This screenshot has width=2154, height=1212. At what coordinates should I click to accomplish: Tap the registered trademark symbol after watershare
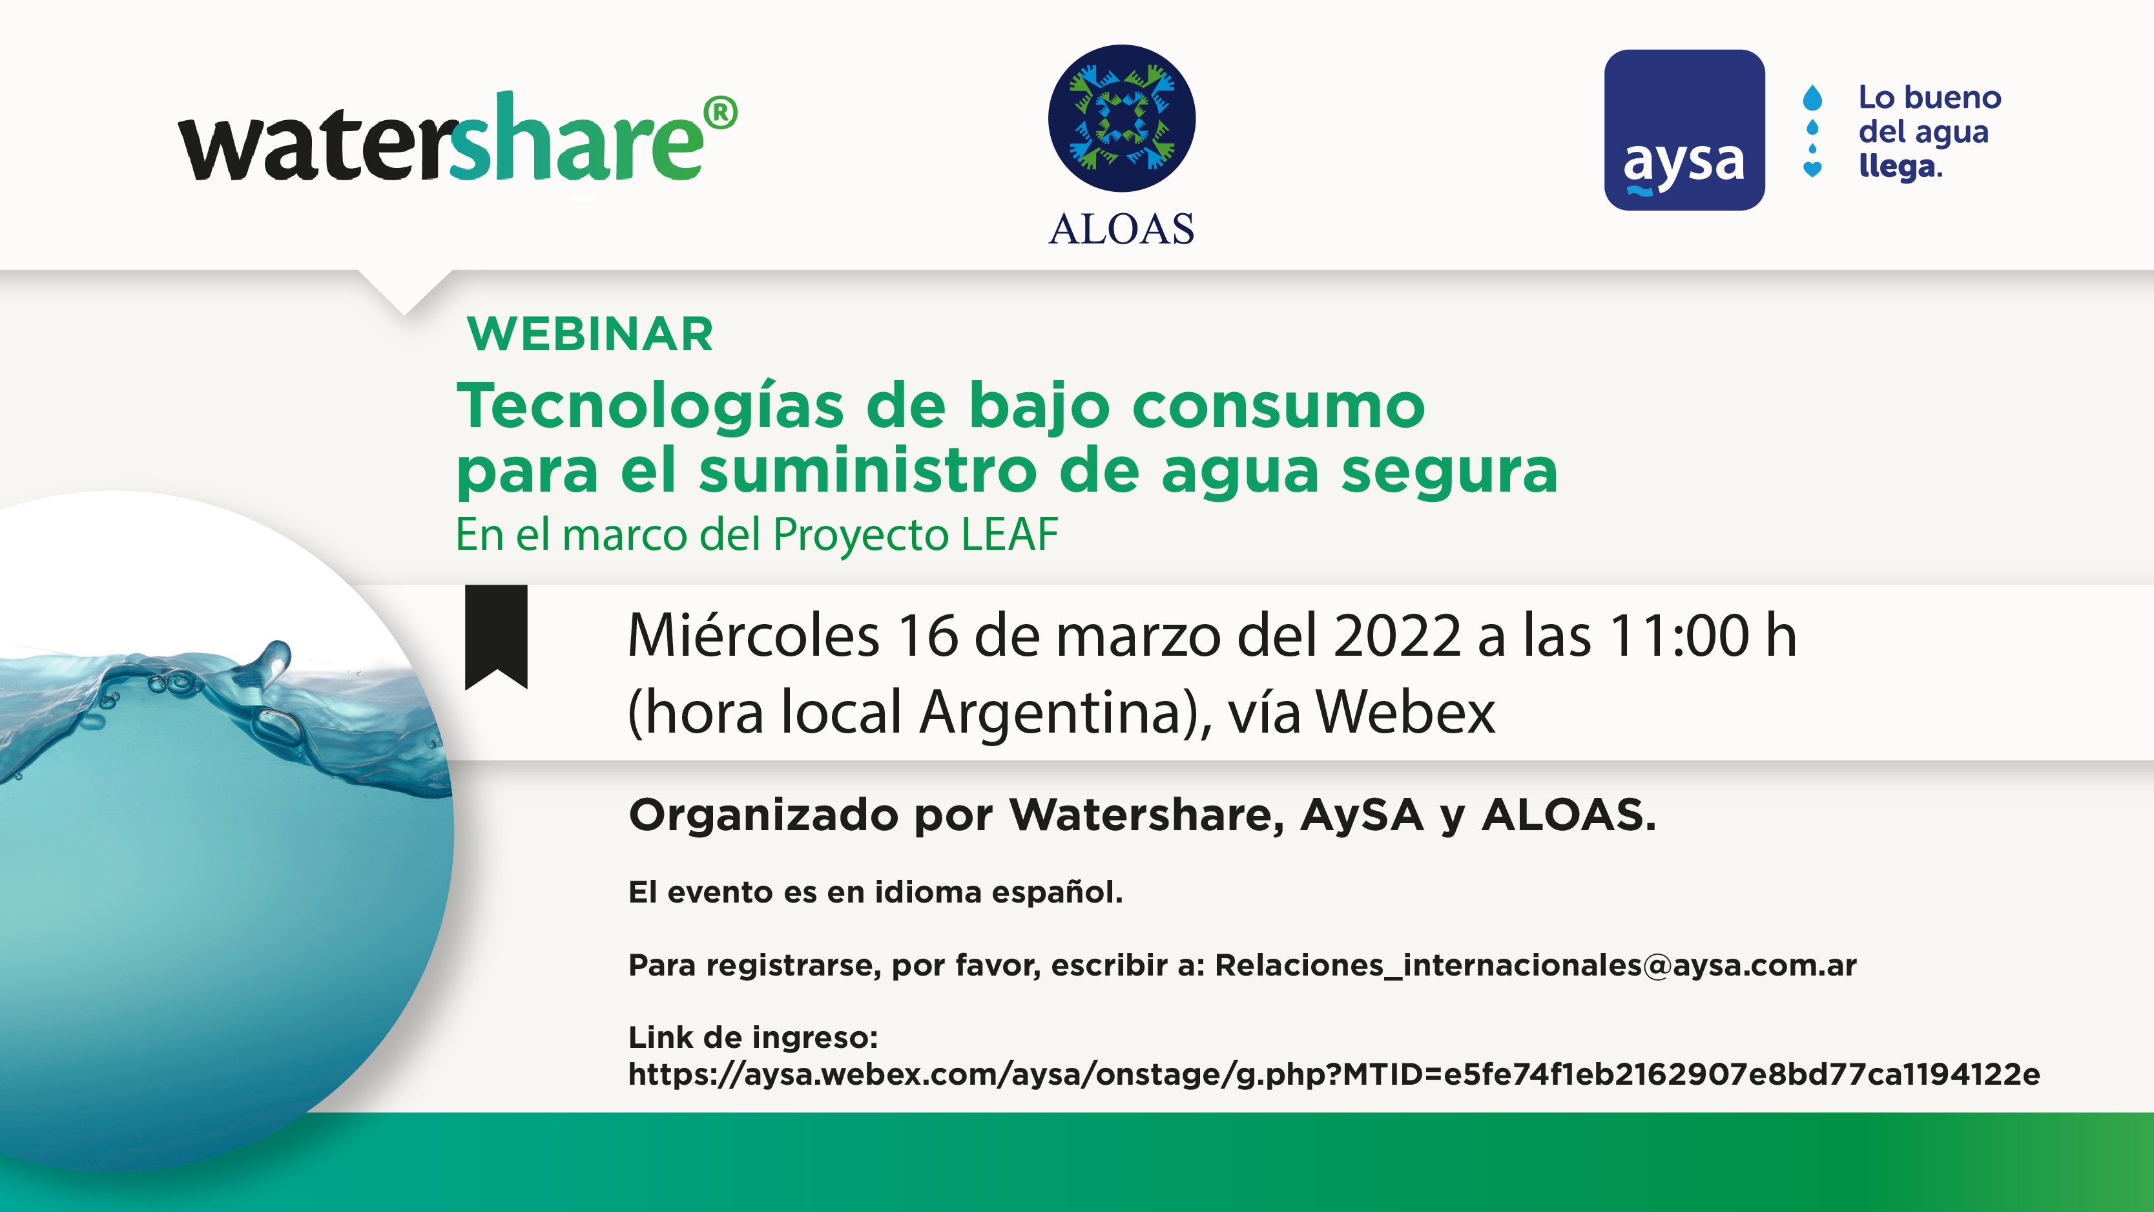click(x=720, y=113)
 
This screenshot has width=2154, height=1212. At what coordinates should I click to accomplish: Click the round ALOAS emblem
click(x=1121, y=119)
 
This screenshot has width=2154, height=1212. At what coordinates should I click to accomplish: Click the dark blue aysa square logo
click(x=1684, y=130)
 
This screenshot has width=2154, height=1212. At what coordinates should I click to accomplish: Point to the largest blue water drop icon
click(x=1812, y=97)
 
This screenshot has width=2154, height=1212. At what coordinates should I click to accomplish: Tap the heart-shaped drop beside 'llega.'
click(x=1812, y=169)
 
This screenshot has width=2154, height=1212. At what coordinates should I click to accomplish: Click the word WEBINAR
click(x=590, y=334)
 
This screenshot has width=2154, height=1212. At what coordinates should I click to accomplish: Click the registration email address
click(x=1535, y=965)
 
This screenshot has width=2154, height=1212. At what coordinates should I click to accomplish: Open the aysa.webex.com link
click(x=1334, y=1074)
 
